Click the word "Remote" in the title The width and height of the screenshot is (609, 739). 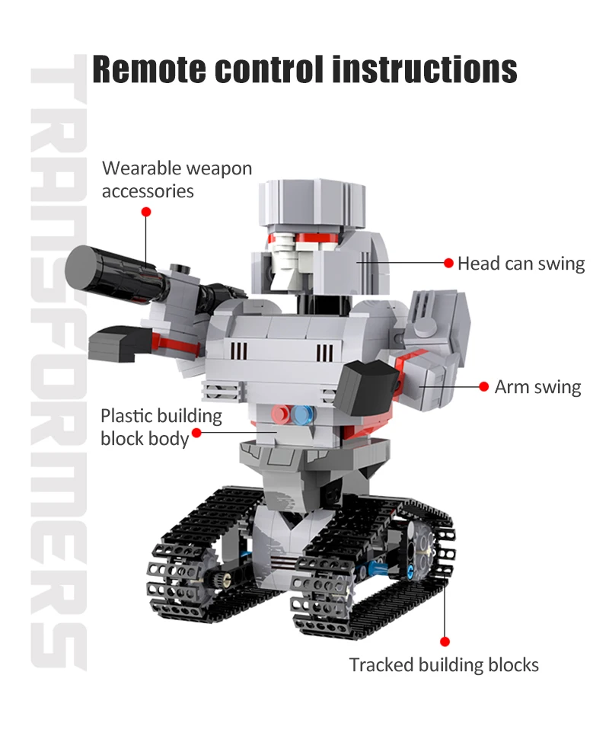148,69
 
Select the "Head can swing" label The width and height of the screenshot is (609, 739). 521,264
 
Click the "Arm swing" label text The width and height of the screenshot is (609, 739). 537,387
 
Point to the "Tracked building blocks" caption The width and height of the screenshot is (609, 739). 444,665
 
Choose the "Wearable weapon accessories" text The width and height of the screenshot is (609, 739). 177,179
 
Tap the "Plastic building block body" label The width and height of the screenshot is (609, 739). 161,427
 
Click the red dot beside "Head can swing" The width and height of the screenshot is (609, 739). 449,263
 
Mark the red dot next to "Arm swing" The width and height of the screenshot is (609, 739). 483,386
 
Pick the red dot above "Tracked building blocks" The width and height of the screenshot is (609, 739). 445,642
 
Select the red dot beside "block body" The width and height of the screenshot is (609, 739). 196,433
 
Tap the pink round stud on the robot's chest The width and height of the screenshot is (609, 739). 283,414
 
